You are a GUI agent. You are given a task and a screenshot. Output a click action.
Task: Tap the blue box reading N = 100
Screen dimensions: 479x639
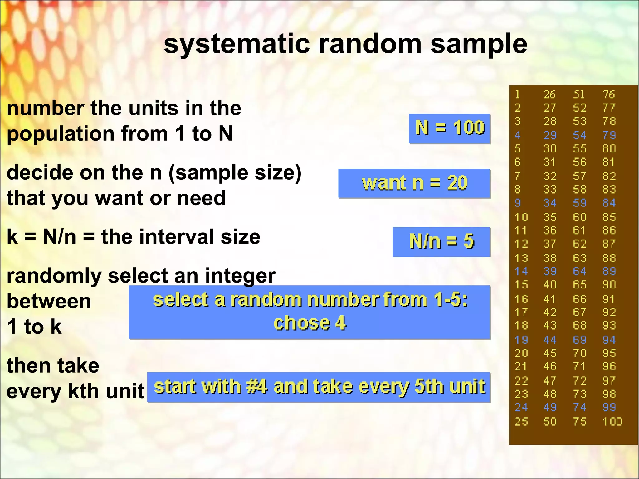click(x=449, y=128)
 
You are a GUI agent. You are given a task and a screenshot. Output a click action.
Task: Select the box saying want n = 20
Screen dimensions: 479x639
click(x=414, y=183)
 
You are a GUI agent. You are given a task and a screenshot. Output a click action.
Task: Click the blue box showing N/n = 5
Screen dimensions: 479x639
click(x=441, y=242)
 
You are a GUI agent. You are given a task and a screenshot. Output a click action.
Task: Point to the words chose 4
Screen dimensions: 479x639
click(x=310, y=323)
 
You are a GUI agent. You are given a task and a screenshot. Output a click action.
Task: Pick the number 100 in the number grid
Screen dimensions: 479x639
click(x=612, y=422)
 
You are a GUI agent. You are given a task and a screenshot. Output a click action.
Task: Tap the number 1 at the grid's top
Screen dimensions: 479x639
click(x=518, y=94)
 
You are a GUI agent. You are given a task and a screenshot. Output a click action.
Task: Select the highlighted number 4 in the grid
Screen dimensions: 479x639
click(x=518, y=135)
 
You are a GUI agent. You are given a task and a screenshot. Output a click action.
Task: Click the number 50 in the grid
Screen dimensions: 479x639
click(x=550, y=422)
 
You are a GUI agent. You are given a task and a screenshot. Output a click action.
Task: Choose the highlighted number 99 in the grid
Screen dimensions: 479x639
click(x=609, y=408)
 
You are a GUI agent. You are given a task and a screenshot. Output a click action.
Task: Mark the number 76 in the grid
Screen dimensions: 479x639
click(x=609, y=94)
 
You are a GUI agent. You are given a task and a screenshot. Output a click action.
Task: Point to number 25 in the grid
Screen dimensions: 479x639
click(x=521, y=422)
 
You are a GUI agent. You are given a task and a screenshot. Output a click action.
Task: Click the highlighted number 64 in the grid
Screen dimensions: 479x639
click(x=579, y=271)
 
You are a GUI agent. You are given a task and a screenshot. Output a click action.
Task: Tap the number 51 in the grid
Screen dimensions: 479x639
click(x=579, y=94)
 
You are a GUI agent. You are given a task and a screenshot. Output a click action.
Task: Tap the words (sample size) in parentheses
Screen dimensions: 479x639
click(x=235, y=173)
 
